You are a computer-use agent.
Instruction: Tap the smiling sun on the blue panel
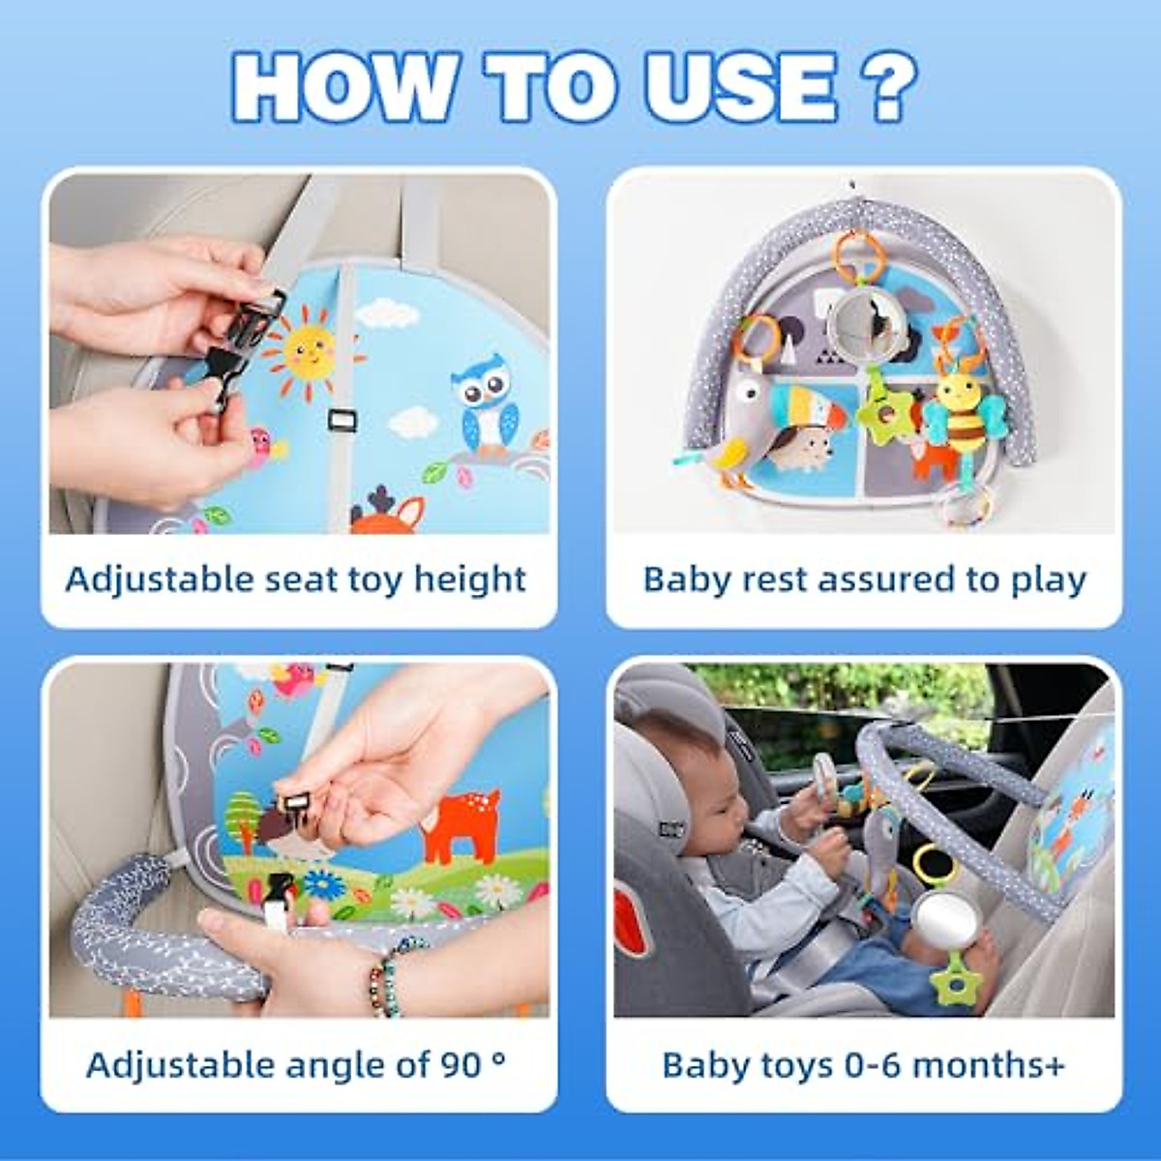coord(308,350)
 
